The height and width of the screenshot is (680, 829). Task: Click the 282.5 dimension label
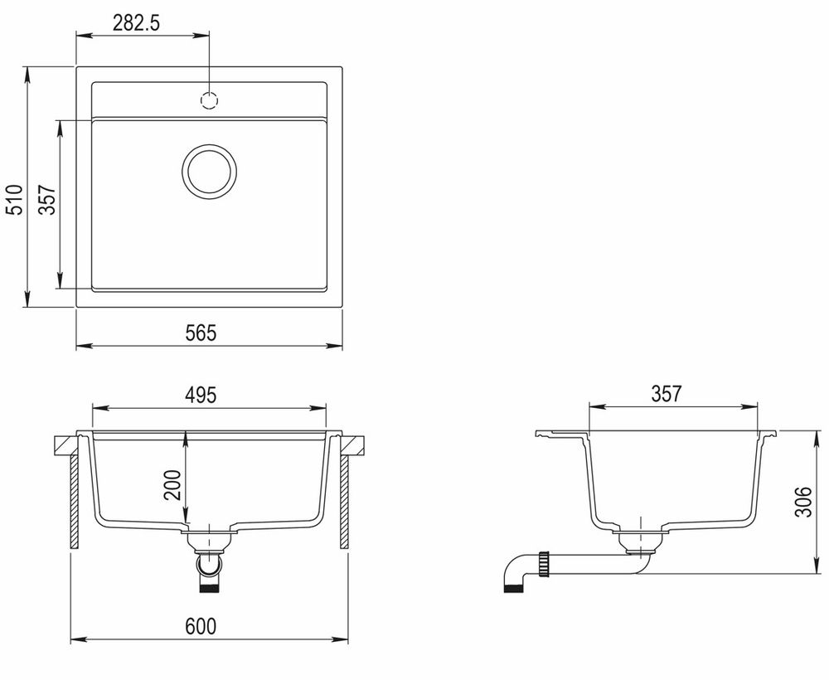click(136, 23)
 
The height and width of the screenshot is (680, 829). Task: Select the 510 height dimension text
click(14, 199)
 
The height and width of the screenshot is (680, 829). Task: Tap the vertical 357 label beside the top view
click(47, 199)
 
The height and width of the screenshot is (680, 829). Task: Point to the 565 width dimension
click(201, 333)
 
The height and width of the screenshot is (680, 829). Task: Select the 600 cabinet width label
click(201, 627)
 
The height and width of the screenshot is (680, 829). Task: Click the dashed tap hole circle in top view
click(209, 101)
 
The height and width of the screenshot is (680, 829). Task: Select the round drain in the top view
click(209, 172)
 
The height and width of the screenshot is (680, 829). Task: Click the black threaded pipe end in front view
click(210, 588)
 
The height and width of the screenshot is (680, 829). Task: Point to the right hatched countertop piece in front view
click(355, 445)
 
